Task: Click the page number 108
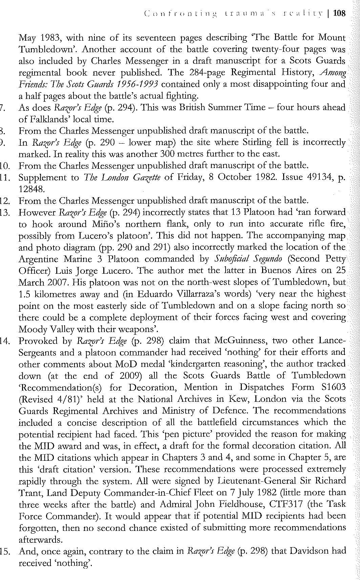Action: (x=339, y=14)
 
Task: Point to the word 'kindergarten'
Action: (x=198, y=364)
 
